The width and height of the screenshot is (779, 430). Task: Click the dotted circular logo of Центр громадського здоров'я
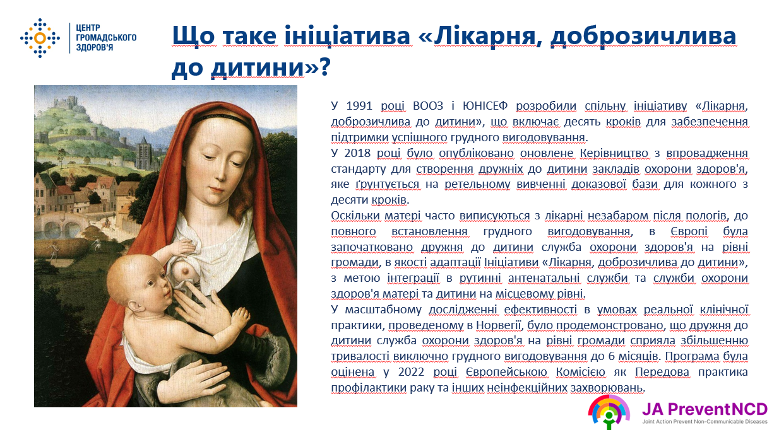coord(40,38)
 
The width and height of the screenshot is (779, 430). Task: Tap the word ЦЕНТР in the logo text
coord(88,28)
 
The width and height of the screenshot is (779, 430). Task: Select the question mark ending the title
coord(324,66)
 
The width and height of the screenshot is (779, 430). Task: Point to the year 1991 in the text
coord(360,105)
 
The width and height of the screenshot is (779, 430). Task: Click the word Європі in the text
coord(689,231)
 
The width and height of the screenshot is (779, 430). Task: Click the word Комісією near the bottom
coord(580,372)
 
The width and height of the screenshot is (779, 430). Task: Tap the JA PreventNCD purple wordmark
coord(705,409)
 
